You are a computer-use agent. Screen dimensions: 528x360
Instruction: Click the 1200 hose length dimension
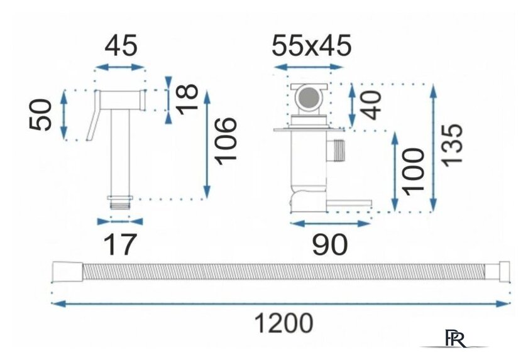(x=283, y=324)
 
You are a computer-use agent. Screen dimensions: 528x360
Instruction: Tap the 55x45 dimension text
(x=312, y=45)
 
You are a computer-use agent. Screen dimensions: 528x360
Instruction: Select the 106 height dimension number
(x=226, y=141)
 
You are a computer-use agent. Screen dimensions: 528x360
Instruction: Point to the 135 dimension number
(x=452, y=145)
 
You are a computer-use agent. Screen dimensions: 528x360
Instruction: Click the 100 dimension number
(x=414, y=172)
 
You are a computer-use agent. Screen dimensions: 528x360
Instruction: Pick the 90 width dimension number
(x=329, y=244)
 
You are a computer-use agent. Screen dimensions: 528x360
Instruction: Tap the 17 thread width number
(x=120, y=244)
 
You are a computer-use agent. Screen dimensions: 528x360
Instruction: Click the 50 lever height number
(x=41, y=114)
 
